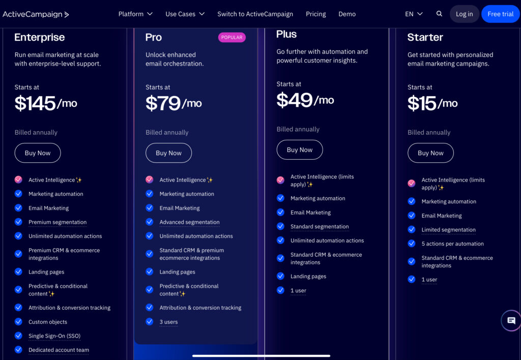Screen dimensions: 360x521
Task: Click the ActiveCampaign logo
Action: [x=36, y=14]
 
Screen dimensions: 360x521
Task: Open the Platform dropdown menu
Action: [x=135, y=14]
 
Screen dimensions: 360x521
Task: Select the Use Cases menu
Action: [x=185, y=14]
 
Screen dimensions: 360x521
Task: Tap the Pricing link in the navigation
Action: [x=315, y=14]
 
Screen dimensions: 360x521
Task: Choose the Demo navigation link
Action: [x=347, y=14]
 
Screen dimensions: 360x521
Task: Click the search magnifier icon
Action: [x=440, y=14]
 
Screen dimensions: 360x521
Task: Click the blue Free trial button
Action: [x=500, y=14]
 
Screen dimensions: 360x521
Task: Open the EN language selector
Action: [x=414, y=14]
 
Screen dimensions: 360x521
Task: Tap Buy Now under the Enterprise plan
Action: [x=38, y=153]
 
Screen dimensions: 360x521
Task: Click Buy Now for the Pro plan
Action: [x=168, y=153]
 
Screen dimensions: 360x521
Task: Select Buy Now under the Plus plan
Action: [x=300, y=150]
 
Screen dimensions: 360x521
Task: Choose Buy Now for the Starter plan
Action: [x=430, y=153]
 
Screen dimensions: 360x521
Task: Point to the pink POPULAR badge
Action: [x=231, y=38]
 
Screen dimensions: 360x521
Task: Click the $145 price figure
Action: [x=35, y=104]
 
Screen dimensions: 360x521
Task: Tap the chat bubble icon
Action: [x=511, y=321]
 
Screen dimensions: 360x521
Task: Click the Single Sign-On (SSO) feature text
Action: [x=54, y=336]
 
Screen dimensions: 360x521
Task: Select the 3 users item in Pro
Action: [x=168, y=322]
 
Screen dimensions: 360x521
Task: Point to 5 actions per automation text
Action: [x=452, y=244]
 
